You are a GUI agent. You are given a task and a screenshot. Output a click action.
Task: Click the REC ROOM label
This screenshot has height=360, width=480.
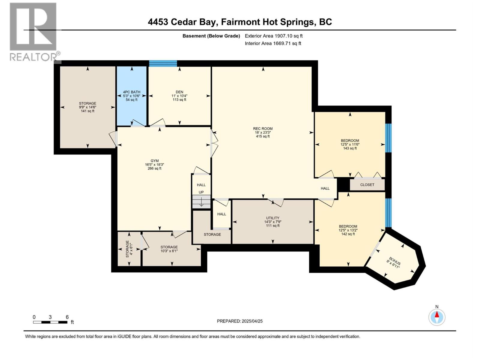tap(262, 129)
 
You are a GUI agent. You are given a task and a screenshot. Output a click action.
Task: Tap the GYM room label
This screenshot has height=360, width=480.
tap(154, 161)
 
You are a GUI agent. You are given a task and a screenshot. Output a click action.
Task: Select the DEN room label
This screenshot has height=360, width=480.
tap(179, 92)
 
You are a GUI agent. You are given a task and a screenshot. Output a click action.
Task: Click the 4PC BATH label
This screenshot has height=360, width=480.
tap(131, 92)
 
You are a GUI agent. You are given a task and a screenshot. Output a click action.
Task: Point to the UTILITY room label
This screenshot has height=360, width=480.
tap(272, 218)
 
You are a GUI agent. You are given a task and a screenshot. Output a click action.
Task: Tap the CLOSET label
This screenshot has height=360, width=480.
tap(367, 185)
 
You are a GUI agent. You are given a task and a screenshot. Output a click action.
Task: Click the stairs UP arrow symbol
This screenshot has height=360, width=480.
tap(201, 202)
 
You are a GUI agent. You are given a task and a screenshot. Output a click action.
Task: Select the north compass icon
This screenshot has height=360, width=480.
tap(437, 317)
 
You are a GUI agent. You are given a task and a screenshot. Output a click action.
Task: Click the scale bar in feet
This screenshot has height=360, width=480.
tap(50, 322)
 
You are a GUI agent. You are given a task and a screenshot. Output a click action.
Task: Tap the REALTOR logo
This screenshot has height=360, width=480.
tap(33, 31)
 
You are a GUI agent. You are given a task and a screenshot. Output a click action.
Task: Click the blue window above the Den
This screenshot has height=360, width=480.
tap(163, 63)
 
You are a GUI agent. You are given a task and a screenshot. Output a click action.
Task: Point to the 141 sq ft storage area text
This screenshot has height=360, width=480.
tap(88, 111)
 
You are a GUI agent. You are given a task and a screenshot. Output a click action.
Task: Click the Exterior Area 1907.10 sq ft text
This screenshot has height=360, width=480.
tap(274, 36)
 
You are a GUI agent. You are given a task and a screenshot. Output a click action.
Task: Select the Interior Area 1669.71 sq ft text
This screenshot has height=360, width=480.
tap(273, 43)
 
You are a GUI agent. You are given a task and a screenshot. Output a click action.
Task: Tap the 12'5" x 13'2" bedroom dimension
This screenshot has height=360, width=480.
tap(348, 230)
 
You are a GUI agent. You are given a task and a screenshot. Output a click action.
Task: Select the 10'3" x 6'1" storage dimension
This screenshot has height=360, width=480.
tap(169, 251)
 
